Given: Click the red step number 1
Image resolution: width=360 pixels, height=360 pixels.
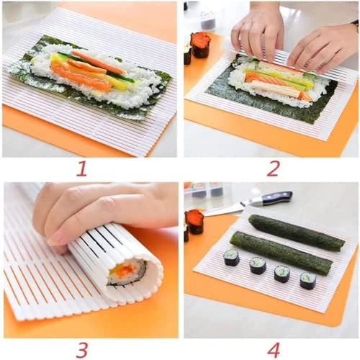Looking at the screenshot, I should coord(81,168).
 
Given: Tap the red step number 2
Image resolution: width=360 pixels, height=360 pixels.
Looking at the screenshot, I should coord(273,168).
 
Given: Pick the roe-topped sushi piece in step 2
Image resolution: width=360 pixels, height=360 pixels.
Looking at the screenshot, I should coord(200,45).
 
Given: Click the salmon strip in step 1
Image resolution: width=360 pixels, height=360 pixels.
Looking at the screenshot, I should coord(79,75).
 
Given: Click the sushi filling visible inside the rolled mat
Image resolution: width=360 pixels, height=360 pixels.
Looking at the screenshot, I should coord(126,272).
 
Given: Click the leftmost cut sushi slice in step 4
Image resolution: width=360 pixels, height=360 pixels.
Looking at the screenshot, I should coord(232,257).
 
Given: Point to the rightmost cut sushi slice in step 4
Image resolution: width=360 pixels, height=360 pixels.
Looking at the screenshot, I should coord(307,280).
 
